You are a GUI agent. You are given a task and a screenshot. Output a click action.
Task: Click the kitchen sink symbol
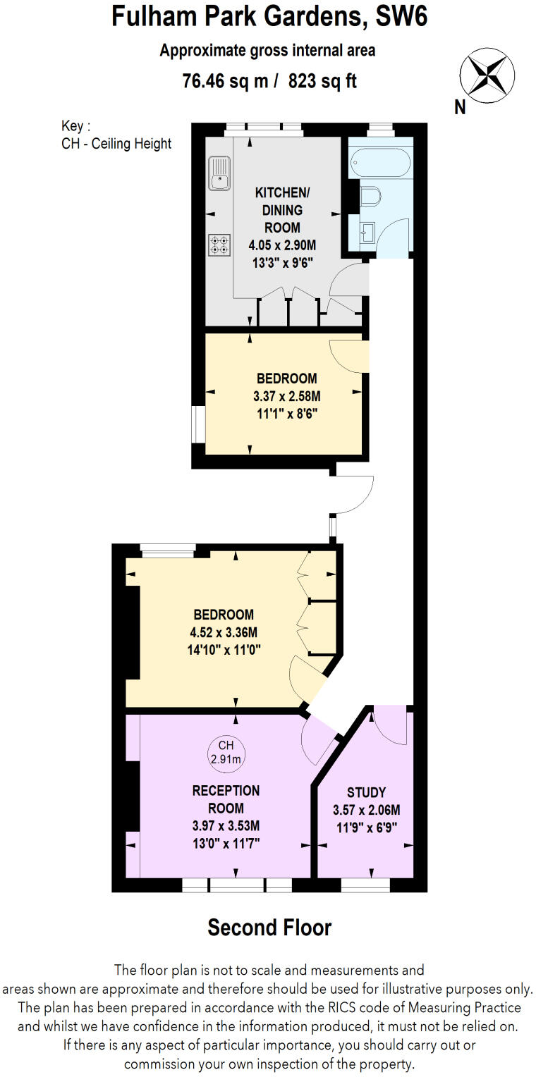pos(219,173)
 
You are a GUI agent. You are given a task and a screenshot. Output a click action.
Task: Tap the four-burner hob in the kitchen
pos(219,245)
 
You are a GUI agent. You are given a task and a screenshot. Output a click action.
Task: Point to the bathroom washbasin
pos(366,230)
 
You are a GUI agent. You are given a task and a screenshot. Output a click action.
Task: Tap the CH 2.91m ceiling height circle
pos(226,752)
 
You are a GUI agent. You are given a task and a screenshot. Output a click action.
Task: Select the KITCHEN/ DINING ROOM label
pos(278,209)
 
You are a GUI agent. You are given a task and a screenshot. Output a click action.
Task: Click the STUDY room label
pos(366,792)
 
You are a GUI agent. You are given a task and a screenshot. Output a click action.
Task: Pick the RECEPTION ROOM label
pos(226,799)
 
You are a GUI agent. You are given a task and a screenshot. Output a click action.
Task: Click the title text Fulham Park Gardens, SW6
pos(269,17)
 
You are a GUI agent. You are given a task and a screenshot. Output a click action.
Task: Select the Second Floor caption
pos(269,928)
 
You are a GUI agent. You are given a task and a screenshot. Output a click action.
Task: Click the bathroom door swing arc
pos(392,240)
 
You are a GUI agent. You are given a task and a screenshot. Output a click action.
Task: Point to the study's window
pos(365,882)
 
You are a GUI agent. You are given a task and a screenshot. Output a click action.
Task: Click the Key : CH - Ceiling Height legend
pos(116,135)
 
